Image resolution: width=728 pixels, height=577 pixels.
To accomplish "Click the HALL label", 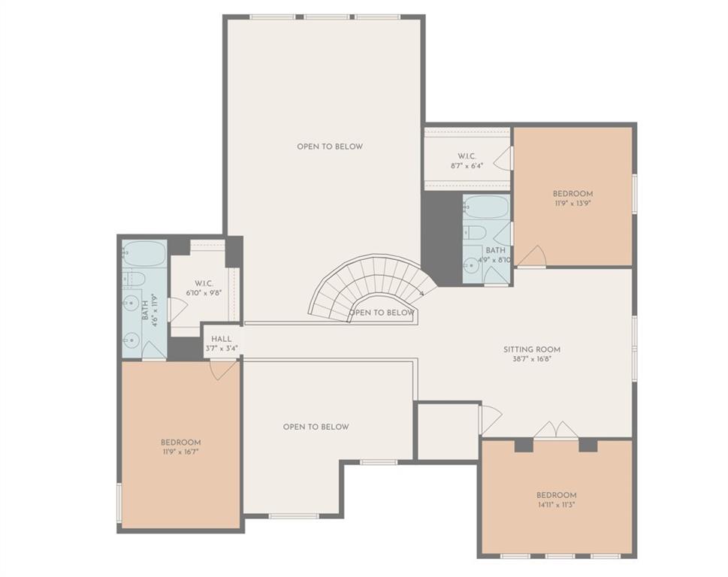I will point(221,339).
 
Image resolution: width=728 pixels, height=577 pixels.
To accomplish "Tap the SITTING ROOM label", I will point(531,349).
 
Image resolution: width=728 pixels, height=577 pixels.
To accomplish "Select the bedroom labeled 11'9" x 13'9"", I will point(572,198).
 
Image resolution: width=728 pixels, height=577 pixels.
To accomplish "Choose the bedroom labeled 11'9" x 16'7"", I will point(180,447).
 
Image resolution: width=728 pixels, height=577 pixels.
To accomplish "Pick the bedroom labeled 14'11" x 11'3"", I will point(556,500).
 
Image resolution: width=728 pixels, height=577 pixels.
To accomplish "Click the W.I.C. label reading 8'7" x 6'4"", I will point(467,161).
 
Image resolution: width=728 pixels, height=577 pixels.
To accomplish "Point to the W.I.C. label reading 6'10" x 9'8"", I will point(200,288).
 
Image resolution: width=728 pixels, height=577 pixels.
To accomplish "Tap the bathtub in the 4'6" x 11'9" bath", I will point(143,253).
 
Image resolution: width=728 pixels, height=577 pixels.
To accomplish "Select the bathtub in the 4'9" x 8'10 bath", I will point(486,207).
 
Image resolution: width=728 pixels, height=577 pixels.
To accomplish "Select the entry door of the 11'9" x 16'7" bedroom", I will point(223,369).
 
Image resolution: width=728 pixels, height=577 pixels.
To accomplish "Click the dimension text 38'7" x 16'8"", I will point(531,359).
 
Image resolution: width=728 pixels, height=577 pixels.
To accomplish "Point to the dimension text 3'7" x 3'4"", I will point(221,349).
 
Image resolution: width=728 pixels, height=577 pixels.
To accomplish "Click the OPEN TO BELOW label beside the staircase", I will point(382,313).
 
